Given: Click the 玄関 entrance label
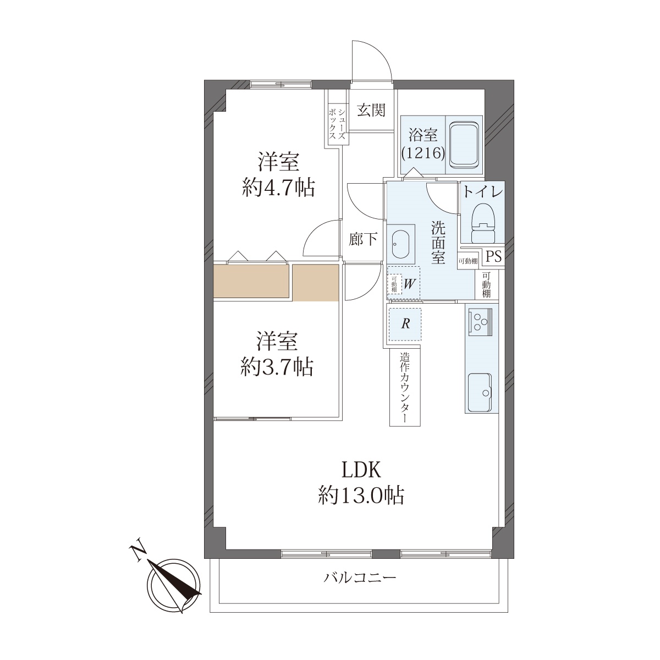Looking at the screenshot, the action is [x=371, y=111].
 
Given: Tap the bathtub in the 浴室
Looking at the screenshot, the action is [x=464, y=145].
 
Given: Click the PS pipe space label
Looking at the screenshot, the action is [x=494, y=256].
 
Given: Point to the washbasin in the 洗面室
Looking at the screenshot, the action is [x=400, y=244].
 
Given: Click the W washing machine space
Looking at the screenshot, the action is [x=404, y=283].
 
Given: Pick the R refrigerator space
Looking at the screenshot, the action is [x=405, y=324].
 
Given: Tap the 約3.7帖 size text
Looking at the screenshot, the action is [x=277, y=367].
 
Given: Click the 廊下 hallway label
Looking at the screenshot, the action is [x=363, y=239].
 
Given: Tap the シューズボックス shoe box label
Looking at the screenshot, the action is [x=337, y=124].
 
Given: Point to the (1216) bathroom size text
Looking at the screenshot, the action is [x=424, y=153].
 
